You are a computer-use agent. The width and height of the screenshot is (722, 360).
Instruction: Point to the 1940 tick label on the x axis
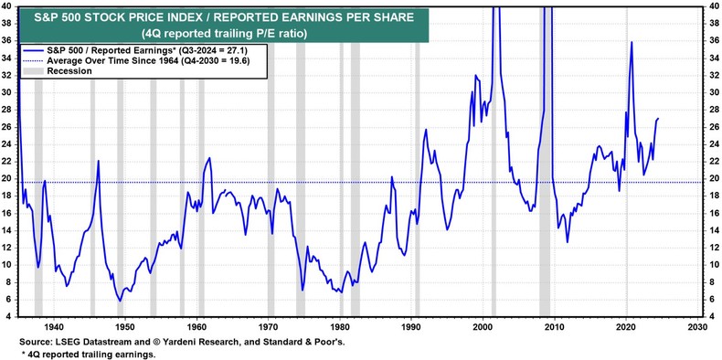[x=52, y=325]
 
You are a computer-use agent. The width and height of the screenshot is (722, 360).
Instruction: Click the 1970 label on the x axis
[x=268, y=325]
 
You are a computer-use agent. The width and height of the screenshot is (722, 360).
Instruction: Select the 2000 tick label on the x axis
[x=483, y=325]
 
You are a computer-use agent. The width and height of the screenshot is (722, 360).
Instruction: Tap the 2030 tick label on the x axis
[x=698, y=325]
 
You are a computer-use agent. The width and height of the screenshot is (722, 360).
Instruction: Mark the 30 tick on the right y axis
[x=712, y=92]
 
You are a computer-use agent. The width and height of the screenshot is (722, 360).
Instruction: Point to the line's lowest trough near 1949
[x=119, y=300]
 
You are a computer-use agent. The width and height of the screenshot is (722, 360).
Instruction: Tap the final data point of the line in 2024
[x=659, y=119]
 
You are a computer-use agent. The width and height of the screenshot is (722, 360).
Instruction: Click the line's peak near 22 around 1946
[x=98, y=162]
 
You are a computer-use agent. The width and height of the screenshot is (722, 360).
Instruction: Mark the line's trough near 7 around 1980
[x=340, y=292]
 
